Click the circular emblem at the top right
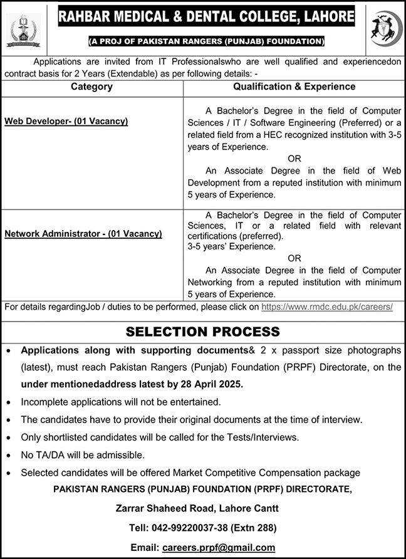(383, 29)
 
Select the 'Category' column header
(91, 86)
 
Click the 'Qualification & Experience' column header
(294, 86)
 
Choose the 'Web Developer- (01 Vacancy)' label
(66, 121)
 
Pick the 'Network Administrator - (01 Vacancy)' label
(83, 234)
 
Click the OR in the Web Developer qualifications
(294, 159)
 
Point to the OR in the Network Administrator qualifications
(294, 258)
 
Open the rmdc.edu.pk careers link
(327, 307)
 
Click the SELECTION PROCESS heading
(203, 332)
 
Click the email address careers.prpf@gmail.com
(218, 547)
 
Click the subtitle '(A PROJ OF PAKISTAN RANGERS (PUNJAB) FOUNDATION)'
(206, 41)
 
